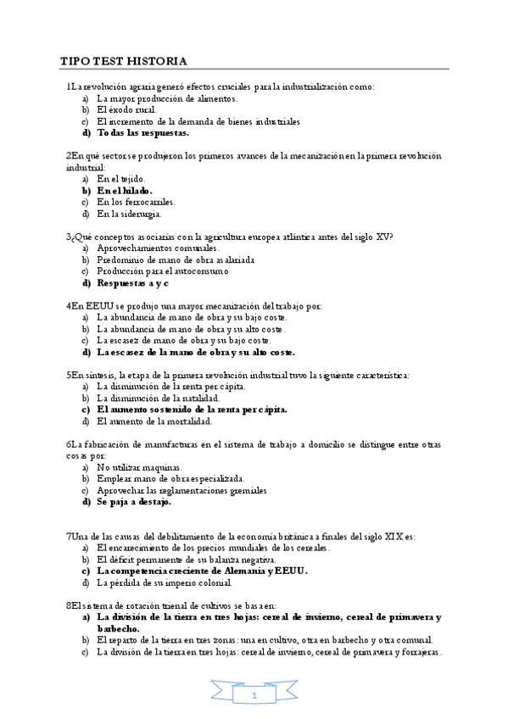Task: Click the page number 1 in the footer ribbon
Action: pos(254,694)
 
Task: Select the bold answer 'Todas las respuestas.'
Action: pos(142,132)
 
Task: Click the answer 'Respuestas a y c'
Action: pos(133,282)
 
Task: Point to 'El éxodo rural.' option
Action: pos(127,109)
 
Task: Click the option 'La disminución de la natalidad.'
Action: pos(158,398)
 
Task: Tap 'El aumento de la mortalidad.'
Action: pos(154,421)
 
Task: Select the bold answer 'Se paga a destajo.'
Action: pos(133,501)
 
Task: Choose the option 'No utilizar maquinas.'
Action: pos(139,467)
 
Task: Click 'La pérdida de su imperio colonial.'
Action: pos(164,582)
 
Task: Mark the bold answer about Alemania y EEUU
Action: pos(202,571)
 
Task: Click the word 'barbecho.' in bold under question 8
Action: pos(118,628)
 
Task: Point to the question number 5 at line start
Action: pos(68,375)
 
